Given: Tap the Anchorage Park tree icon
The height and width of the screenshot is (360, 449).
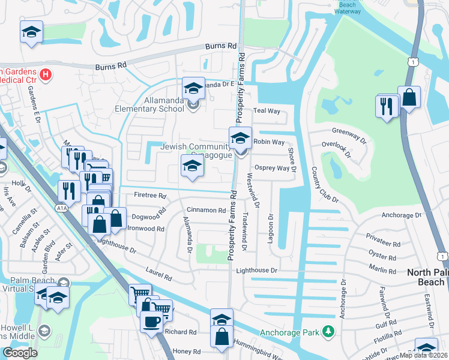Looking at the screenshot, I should coord(328,331).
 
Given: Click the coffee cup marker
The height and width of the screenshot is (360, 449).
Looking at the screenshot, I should coord(151,320).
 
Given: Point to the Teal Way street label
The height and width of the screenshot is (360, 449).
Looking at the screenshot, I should coord(267,111).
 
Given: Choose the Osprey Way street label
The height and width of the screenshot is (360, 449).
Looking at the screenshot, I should coord(272,168).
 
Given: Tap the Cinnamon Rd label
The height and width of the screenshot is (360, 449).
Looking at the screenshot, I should coord(206,210).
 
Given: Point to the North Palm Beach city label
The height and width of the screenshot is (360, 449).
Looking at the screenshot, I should coord(427,277).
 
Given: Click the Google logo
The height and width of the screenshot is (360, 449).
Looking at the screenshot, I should coord(20,353).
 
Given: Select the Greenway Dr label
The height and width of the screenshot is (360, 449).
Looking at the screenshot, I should coord(349,134).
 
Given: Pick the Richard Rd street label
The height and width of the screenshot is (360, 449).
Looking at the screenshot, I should coord(180,332).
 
